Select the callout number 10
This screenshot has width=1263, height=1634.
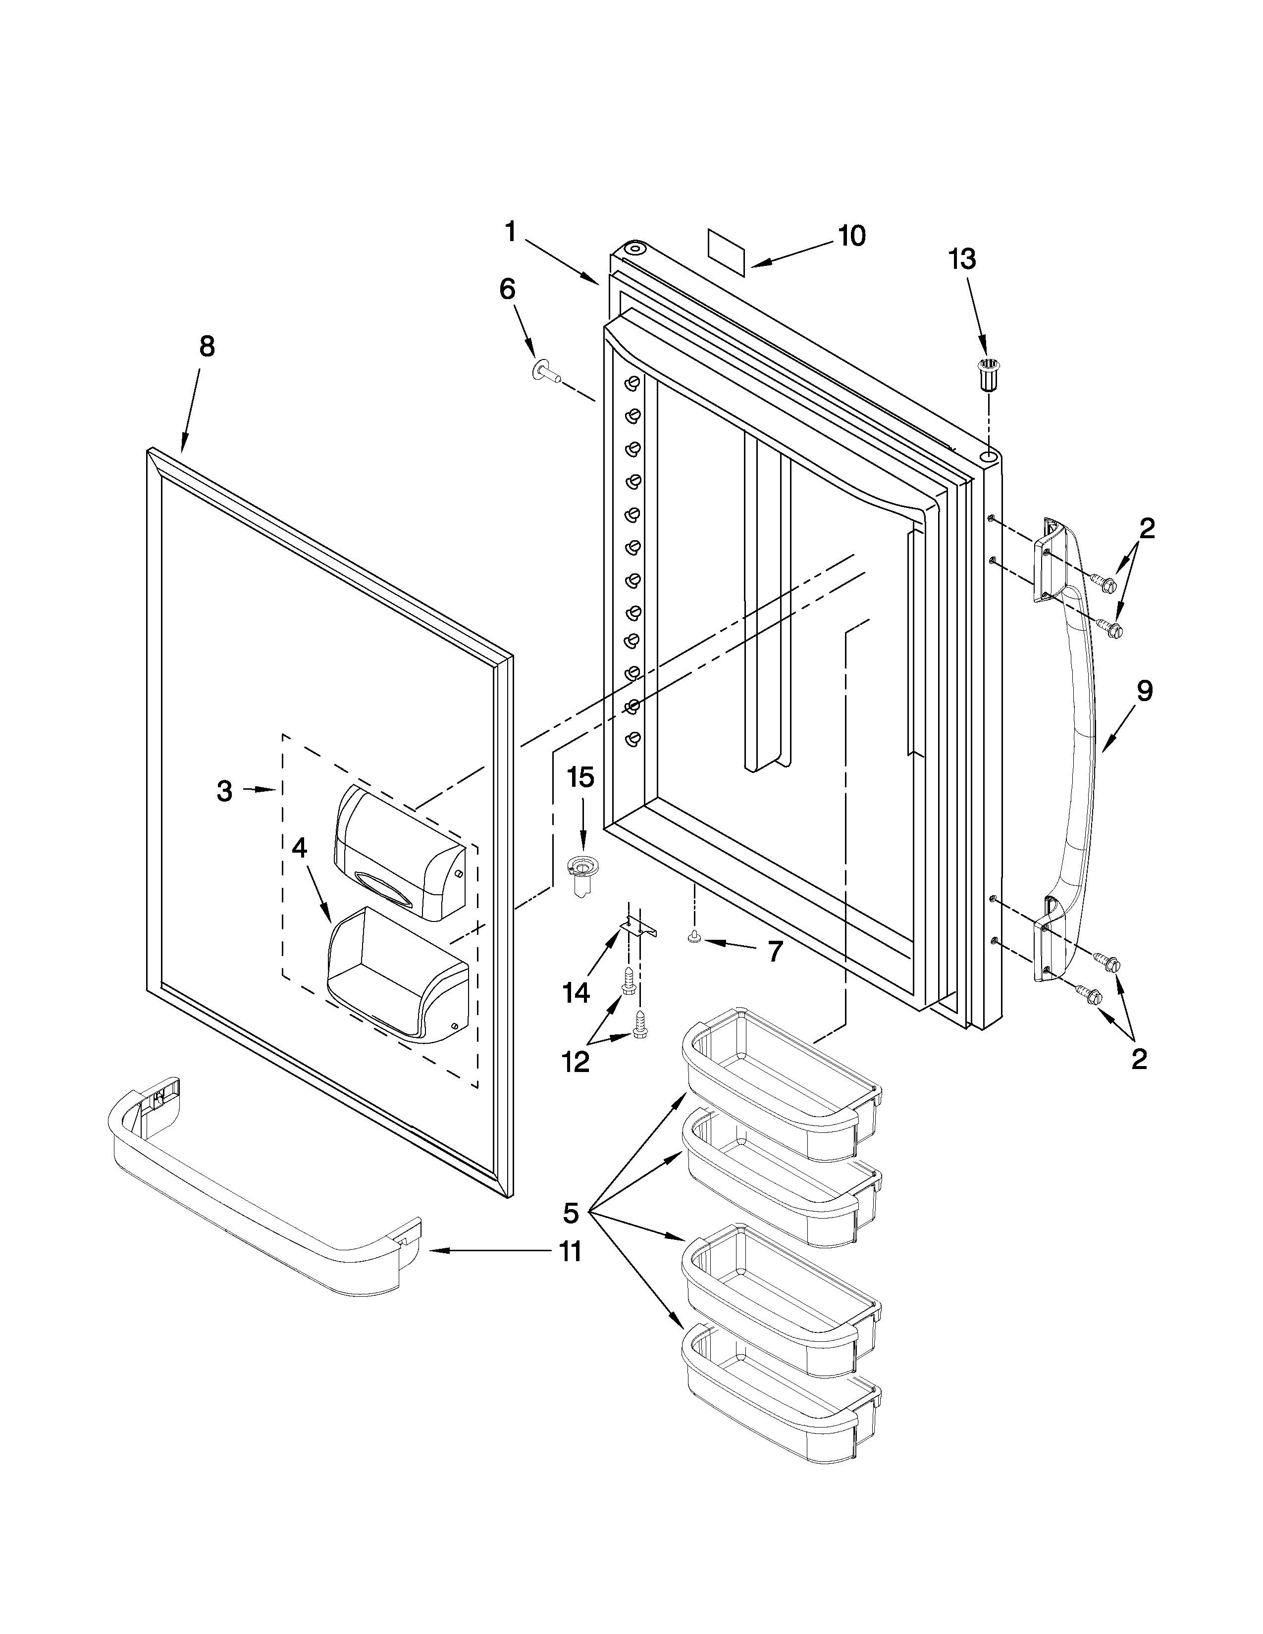pyautogui.click(x=851, y=236)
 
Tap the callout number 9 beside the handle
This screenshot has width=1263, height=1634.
pyautogui.click(x=1144, y=691)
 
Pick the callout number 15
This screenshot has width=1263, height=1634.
pyautogui.click(x=580, y=777)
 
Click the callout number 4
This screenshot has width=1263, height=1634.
pyautogui.click(x=299, y=848)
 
